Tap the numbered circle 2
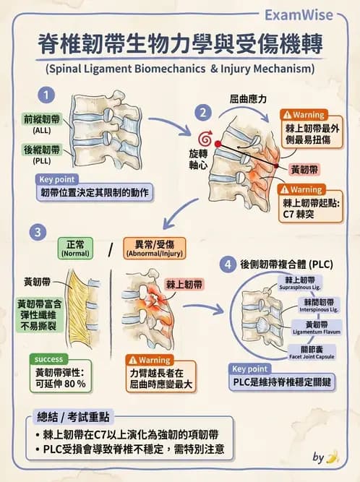pos(205,111)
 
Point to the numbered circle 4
pos(228,264)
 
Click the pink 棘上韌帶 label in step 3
pos(184,285)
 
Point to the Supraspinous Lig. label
pos(299,282)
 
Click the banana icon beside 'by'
pos(333,457)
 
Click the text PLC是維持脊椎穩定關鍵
pos(286,382)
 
